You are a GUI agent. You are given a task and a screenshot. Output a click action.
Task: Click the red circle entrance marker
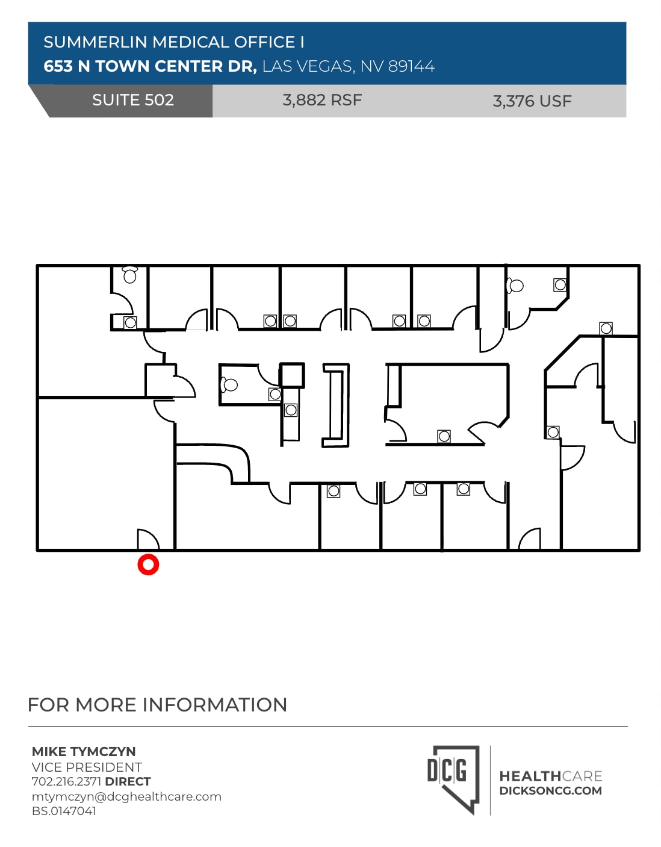click(x=148, y=564)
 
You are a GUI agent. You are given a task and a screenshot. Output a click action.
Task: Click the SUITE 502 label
click(x=133, y=100)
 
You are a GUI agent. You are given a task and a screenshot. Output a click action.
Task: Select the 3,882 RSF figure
click(x=322, y=100)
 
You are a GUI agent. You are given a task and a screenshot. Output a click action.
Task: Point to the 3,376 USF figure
click(x=532, y=101)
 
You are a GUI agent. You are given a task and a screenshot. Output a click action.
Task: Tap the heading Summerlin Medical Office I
click(x=174, y=42)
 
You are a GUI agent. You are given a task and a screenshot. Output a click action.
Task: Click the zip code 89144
click(x=411, y=66)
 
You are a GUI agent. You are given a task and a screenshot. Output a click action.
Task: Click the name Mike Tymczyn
click(x=84, y=751)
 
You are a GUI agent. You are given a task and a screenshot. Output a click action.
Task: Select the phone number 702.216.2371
click(x=66, y=781)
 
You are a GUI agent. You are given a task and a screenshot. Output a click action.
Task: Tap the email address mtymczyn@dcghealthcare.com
click(x=126, y=796)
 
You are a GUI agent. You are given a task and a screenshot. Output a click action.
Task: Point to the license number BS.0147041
click(x=64, y=811)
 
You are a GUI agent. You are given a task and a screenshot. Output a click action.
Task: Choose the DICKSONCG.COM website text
click(x=550, y=791)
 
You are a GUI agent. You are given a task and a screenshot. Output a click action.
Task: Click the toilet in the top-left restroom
click(x=130, y=275)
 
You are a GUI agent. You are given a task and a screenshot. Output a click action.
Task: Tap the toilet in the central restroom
click(x=229, y=384)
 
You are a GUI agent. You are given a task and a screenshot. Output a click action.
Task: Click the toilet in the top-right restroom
click(x=515, y=286)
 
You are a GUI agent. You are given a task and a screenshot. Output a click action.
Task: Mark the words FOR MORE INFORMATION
click(x=157, y=705)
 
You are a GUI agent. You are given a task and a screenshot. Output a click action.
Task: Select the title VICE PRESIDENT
click(x=87, y=767)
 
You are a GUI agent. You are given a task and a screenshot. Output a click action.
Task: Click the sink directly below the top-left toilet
click(x=130, y=323)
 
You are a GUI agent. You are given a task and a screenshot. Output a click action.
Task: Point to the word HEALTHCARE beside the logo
click(x=550, y=776)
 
